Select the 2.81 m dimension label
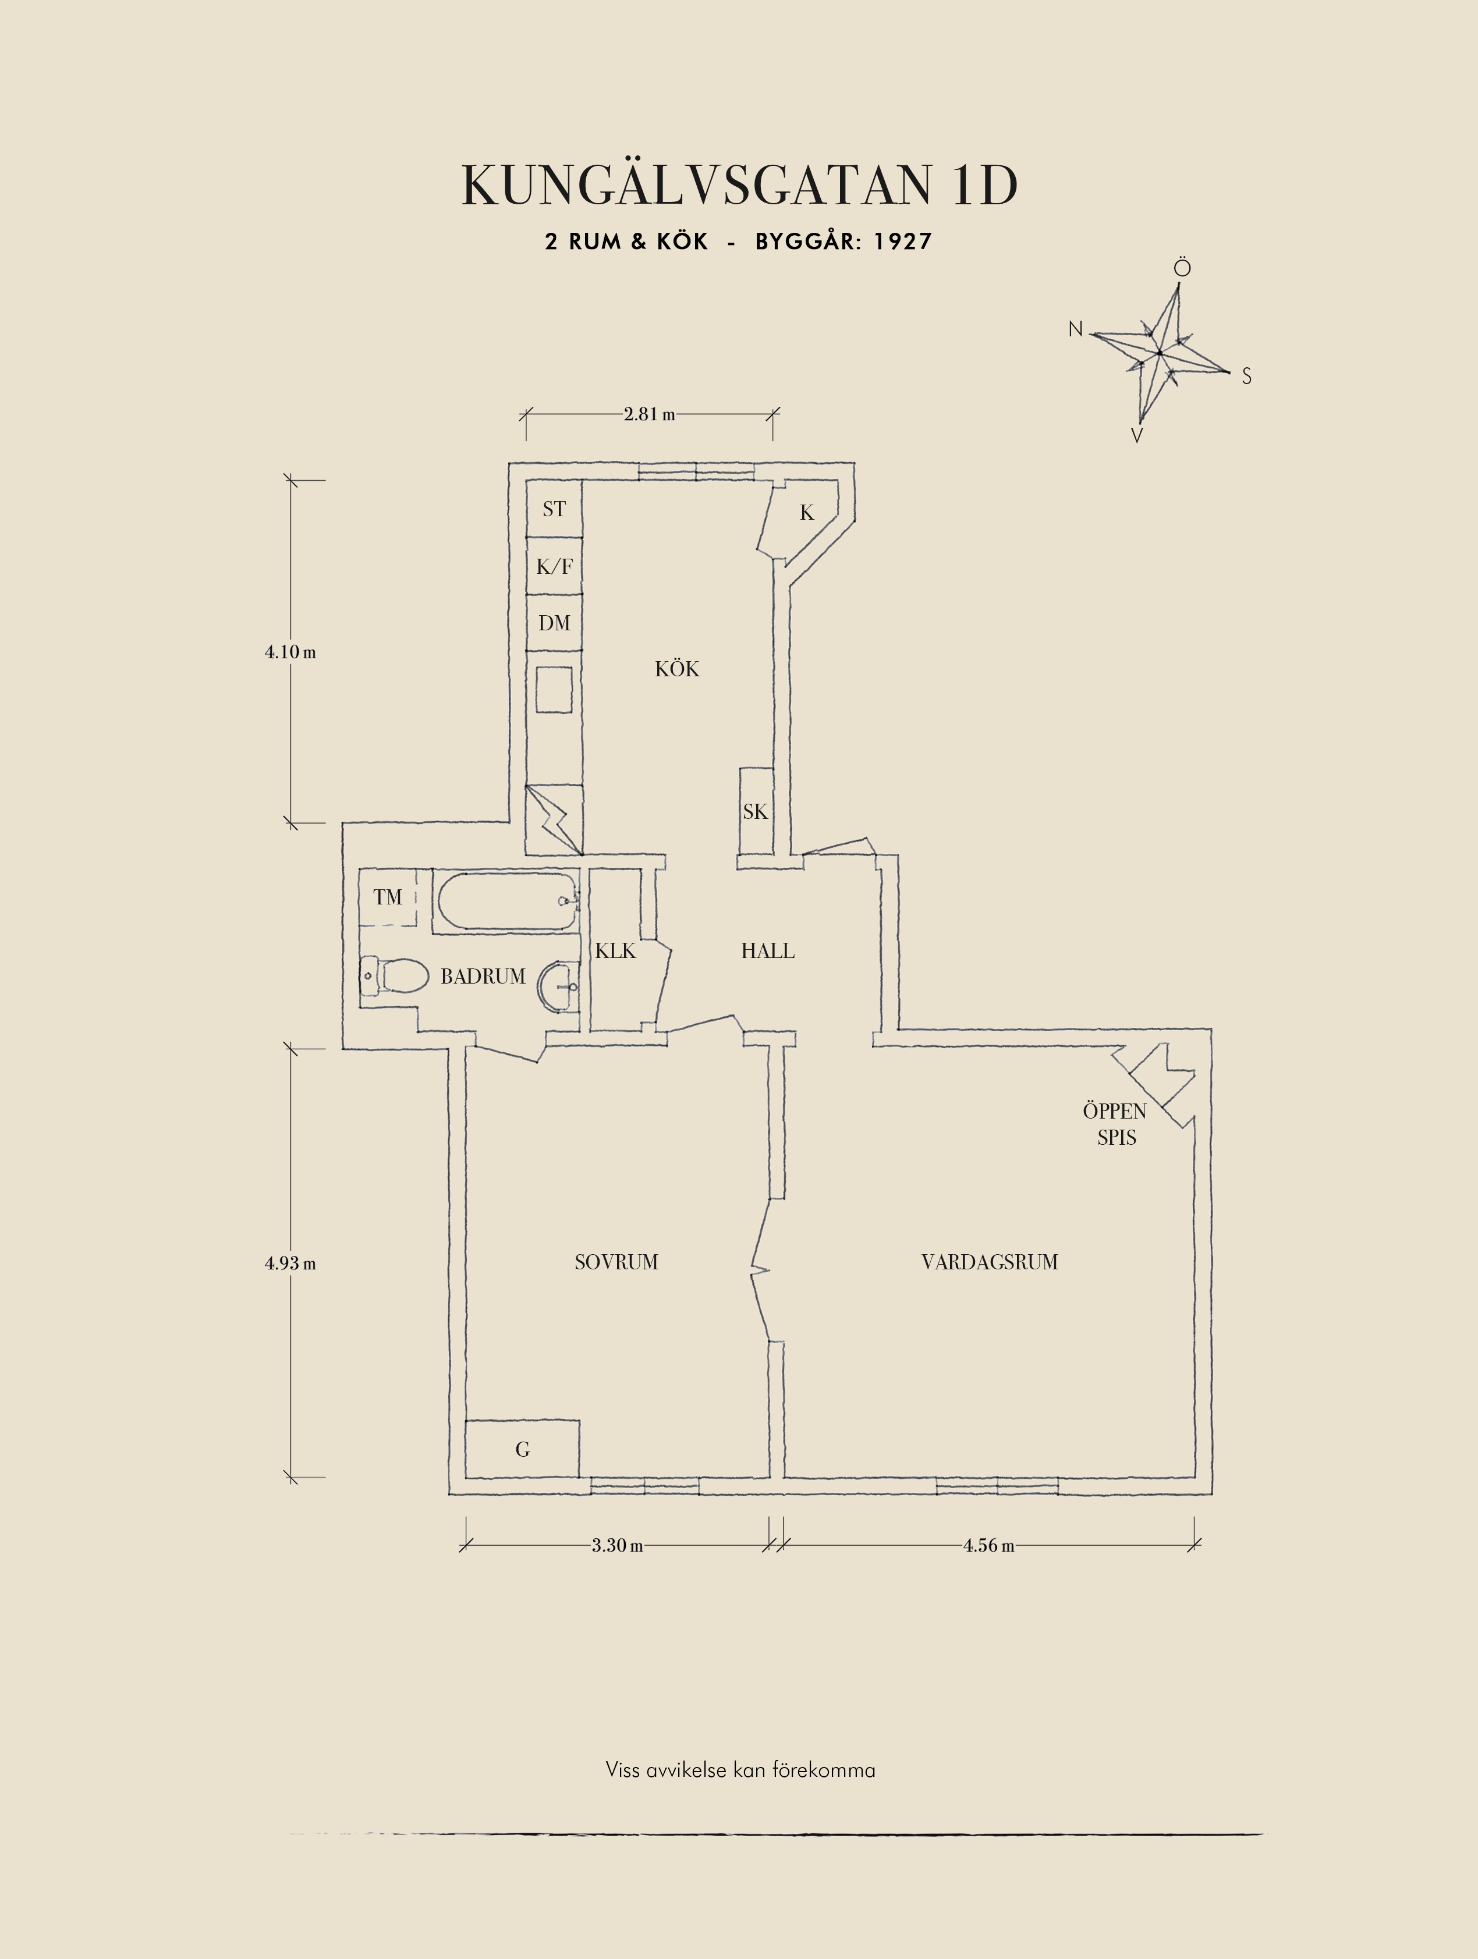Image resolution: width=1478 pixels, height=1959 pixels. click(x=649, y=414)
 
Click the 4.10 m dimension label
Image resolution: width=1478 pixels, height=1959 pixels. click(x=290, y=652)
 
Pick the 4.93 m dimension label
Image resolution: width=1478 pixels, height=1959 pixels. click(x=290, y=1264)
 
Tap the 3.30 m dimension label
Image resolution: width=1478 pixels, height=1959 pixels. click(x=617, y=1545)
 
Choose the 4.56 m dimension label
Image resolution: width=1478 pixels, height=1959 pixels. click(x=989, y=1545)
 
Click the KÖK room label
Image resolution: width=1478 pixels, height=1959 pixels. click(x=678, y=669)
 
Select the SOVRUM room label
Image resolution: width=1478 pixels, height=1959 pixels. click(x=616, y=1262)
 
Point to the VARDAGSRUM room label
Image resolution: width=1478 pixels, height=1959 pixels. click(x=989, y=1262)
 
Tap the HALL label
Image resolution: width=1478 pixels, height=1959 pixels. click(x=768, y=951)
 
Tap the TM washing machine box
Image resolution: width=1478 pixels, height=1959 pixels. click(x=388, y=897)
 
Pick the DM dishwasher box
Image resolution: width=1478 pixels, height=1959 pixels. click(x=554, y=623)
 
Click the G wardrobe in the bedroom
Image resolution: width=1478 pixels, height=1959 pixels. click(x=523, y=1450)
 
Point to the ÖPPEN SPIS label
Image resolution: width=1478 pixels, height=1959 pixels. click(x=1115, y=1124)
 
